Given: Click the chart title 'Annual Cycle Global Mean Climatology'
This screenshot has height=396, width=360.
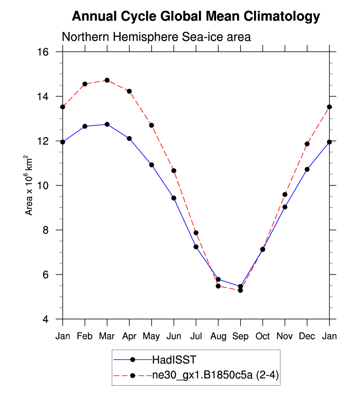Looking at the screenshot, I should pyautogui.click(x=196, y=17).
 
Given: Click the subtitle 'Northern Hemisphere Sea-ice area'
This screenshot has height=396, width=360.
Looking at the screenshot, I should pyautogui.click(x=156, y=37).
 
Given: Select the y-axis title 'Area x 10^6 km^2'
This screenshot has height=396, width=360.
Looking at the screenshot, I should pyautogui.click(x=29, y=185).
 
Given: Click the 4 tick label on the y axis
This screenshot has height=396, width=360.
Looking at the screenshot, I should pyautogui.click(x=52, y=319).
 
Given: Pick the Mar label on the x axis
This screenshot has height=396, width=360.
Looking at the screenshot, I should pyautogui.click(x=107, y=336).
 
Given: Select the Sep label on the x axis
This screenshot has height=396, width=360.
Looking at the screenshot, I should pyautogui.click(x=240, y=336).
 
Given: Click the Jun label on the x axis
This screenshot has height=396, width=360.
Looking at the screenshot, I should pyautogui.click(x=174, y=336).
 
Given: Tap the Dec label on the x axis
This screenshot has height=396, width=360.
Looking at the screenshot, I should pyautogui.click(x=307, y=336).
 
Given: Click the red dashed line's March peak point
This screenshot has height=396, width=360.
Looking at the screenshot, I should pyautogui.click(x=107, y=80).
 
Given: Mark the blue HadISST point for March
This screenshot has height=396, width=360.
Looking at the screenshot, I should pyautogui.click(x=107, y=124).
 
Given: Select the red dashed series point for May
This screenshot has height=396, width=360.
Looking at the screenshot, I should pyautogui.click(x=151, y=125).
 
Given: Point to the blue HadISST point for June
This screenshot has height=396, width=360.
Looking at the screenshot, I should pyautogui.click(x=174, y=198).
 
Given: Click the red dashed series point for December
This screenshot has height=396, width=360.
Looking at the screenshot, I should pyautogui.click(x=307, y=144).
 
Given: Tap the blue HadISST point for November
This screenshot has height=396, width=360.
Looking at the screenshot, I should pyautogui.click(x=285, y=207).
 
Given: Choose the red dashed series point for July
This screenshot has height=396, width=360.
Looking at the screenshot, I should pyautogui.click(x=196, y=233).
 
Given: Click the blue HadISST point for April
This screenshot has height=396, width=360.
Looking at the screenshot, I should pyautogui.click(x=129, y=139).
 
